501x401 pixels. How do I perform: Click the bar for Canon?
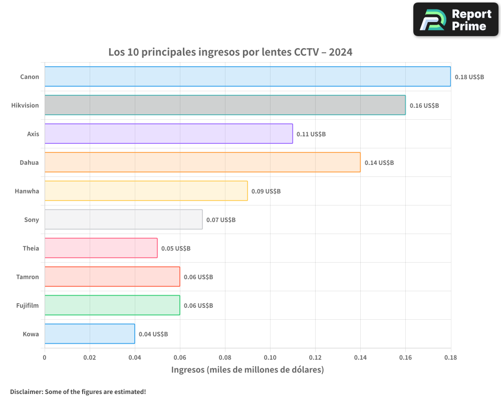247,77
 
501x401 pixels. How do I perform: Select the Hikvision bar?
225,105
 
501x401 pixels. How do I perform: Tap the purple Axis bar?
168,134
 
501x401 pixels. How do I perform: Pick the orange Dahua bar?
202,162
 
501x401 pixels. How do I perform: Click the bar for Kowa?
90,334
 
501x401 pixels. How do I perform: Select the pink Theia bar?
101,248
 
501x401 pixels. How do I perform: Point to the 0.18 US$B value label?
469,77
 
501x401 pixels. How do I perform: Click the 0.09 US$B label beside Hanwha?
266,191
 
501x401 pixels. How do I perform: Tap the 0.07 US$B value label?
221,220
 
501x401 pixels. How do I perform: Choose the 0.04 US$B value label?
153,334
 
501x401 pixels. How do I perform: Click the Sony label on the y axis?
32,220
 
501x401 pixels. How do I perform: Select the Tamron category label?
28,277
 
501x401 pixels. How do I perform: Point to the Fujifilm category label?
28,306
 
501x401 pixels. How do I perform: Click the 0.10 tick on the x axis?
270,358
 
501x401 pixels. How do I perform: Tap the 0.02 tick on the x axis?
90,358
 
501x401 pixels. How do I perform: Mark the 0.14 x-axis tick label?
360,358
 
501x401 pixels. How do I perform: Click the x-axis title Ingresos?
247,370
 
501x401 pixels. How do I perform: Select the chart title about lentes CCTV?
230,52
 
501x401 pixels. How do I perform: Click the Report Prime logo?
455,20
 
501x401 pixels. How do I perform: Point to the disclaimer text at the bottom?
78,392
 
